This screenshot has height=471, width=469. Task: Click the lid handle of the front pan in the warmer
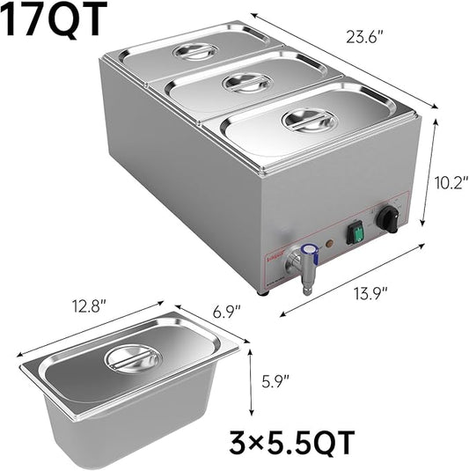pos(307,121)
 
